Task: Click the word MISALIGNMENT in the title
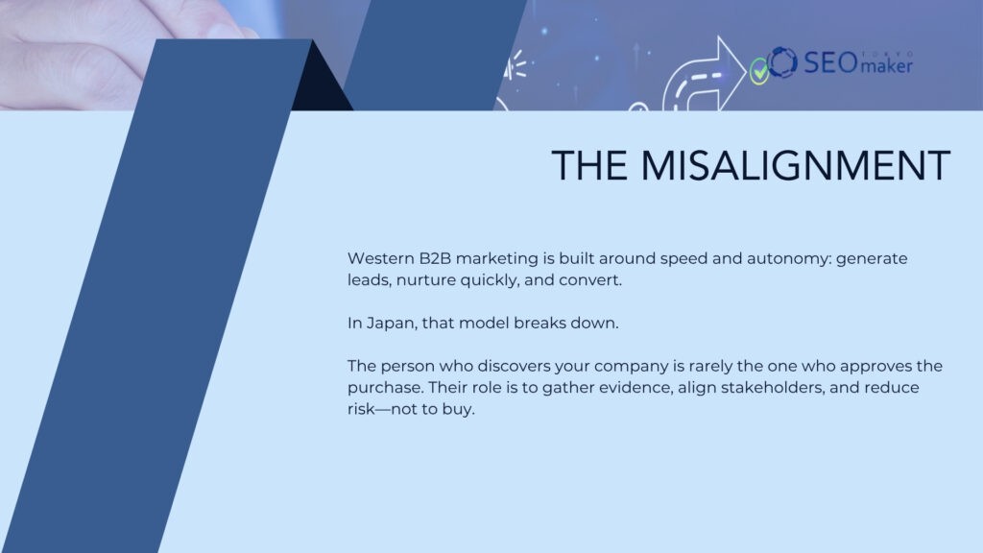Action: [796, 166]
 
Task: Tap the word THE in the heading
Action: [589, 166]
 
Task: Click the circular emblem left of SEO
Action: [782, 62]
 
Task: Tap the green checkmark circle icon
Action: [759, 70]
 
